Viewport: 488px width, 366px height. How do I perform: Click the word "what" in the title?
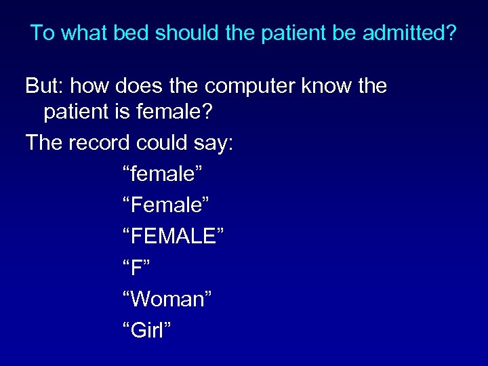coord(87,33)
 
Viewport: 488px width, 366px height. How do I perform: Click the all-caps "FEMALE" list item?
coord(174,237)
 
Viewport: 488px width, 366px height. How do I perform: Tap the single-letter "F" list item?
coord(136,268)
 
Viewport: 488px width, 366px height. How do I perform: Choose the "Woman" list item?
coord(167,299)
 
